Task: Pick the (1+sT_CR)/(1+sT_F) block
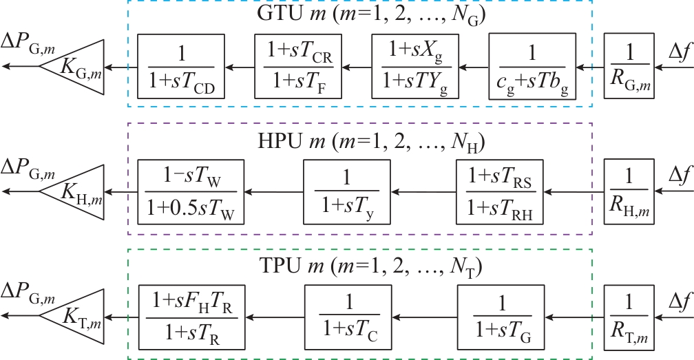tap(298, 67)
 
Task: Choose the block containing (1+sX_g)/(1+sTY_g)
tap(414, 67)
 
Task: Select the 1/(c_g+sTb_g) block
tap(532, 67)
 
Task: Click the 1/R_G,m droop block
tap(629, 67)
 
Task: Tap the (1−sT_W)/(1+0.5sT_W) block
tap(188, 192)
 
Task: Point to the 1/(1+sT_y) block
tap(347, 192)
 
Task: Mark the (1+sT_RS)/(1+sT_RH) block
tap(500, 192)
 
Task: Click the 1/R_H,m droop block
tap(629, 192)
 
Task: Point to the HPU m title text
tap(360, 143)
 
